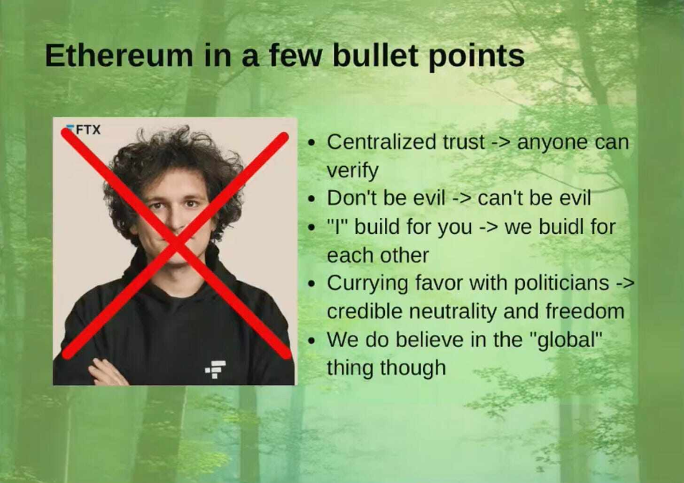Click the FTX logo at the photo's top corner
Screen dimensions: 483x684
[83, 130]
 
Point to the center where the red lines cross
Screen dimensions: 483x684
[177, 243]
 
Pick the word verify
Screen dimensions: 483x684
[352, 170]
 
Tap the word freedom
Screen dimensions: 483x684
[585, 311]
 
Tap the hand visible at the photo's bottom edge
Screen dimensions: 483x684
[107, 372]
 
